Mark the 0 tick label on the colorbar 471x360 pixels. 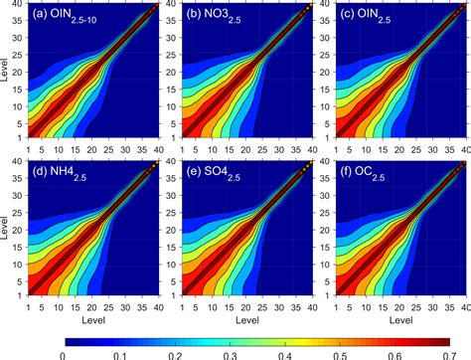point(64,351)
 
